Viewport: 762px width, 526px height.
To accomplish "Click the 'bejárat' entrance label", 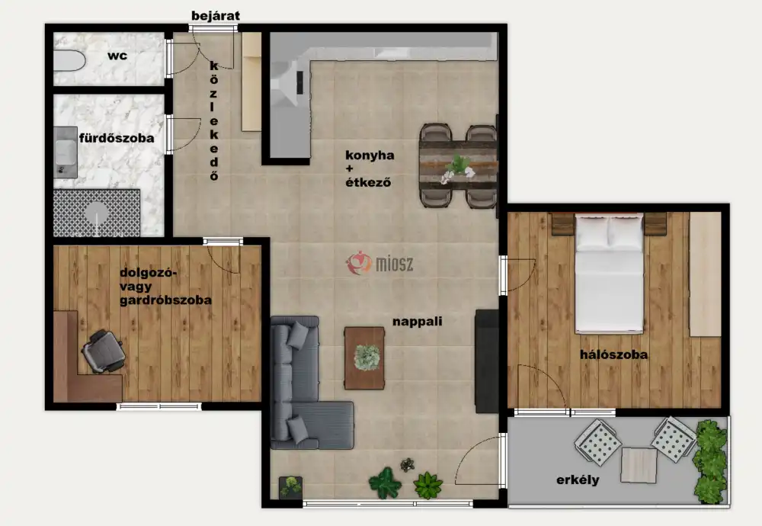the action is [x=216, y=15].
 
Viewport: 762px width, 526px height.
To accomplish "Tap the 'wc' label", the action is [x=117, y=56].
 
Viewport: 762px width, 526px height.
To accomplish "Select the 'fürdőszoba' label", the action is [x=117, y=138].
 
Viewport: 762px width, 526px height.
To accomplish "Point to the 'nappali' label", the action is [x=418, y=322].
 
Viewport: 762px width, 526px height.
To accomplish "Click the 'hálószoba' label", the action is [x=613, y=354].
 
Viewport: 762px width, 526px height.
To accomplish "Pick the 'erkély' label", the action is [x=578, y=479].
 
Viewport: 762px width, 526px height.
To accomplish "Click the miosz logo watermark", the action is [x=379, y=263].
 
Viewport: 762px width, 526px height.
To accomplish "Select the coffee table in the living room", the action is [x=364, y=358].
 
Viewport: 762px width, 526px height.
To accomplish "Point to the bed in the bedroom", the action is [x=609, y=274].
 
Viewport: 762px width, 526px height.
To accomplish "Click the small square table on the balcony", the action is [x=639, y=465].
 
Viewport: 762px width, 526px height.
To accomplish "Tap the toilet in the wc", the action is [x=69, y=61].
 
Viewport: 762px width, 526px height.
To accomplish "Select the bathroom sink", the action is [x=65, y=152].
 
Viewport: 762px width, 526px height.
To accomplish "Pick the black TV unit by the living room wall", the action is [x=487, y=361].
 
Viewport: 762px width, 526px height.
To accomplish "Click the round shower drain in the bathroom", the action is [x=96, y=213].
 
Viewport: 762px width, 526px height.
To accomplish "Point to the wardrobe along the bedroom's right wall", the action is [x=705, y=274].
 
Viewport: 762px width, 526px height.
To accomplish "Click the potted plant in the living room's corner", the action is [x=290, y=487].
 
